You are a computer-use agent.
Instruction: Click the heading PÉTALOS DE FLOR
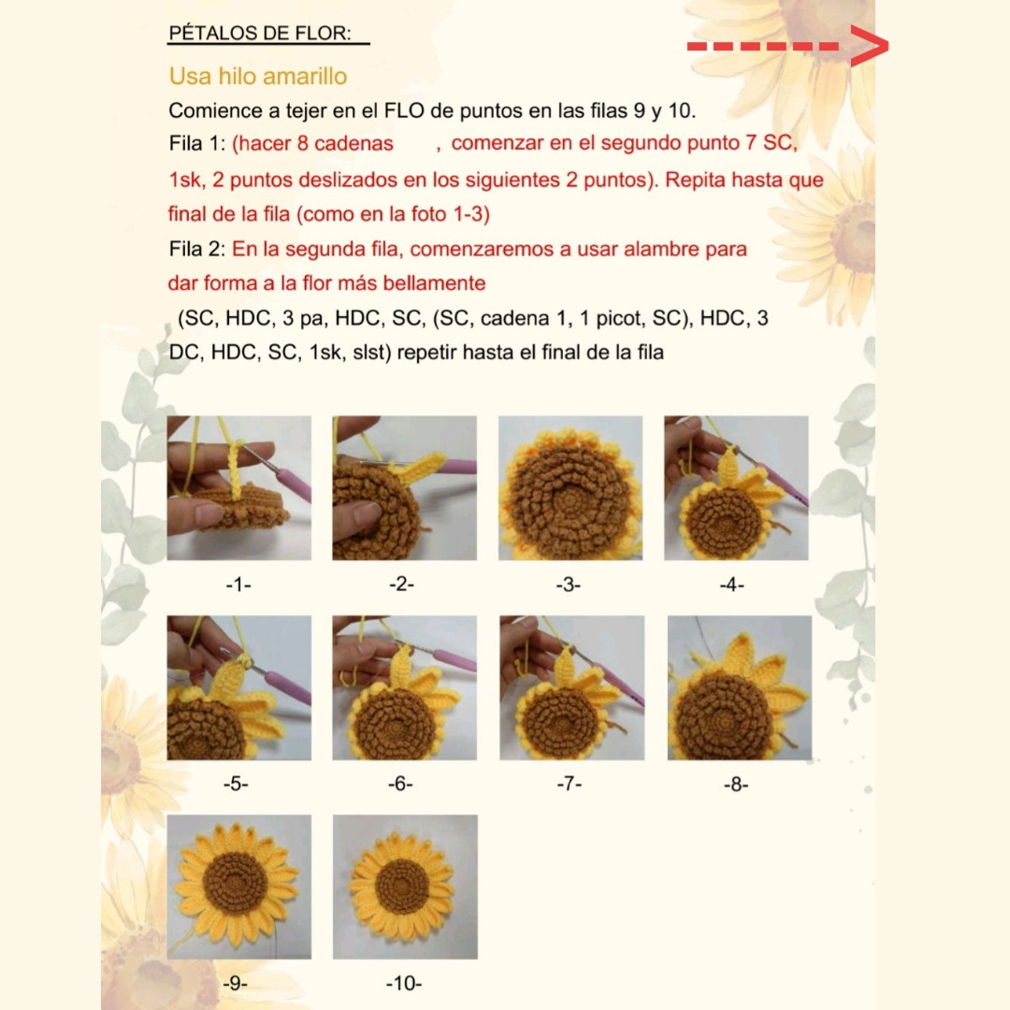[259, 34]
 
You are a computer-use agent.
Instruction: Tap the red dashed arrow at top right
[786, 46]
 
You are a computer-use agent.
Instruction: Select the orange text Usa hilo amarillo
[258, 76]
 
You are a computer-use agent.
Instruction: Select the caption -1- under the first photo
[238, 584]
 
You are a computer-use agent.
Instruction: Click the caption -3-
[569, 584]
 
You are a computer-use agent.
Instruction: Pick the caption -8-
[736, 785]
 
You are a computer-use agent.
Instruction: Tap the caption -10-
[404, 984]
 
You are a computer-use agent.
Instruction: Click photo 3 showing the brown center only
[570, 488]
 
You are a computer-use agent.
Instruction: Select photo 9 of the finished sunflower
[238, 887]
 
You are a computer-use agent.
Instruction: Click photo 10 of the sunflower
[405, 887]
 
